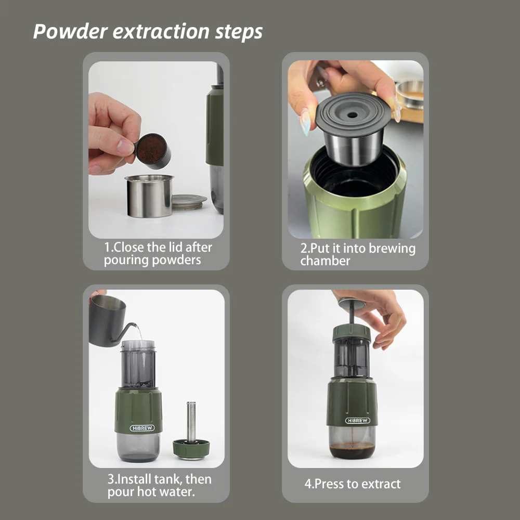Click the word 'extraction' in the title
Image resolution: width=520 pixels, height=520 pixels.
161,32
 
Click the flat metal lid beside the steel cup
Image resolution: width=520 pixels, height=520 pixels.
189,202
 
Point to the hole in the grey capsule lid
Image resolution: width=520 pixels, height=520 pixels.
352,115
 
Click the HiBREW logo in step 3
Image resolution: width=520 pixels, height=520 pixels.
142,428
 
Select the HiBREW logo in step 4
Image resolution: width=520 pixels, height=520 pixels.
358,421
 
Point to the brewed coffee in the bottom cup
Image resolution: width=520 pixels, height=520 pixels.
352,450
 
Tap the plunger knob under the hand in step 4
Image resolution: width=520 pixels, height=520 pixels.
351,303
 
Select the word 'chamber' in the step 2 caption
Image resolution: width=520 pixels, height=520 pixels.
325,261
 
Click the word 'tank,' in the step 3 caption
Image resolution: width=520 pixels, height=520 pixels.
168,479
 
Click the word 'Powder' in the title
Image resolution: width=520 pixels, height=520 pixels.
70,32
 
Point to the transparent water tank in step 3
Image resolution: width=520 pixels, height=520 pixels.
138,364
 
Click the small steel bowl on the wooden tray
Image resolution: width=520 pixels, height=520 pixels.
410,94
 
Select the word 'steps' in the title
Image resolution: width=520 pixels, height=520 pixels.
239,32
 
